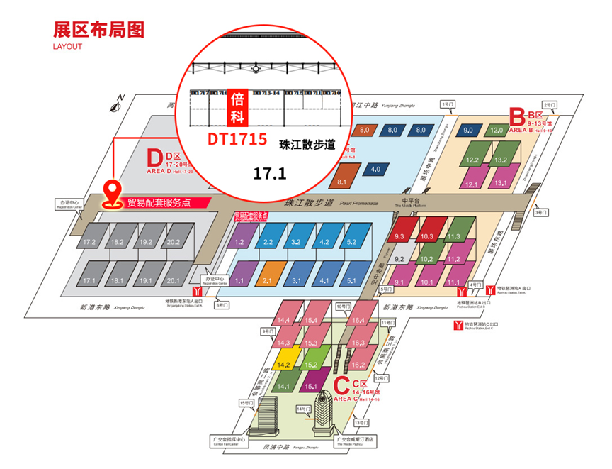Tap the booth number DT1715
coord(237,140)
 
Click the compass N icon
coord(116,106)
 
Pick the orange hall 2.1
coord(267,280)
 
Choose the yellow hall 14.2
coord(285,364)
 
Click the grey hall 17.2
coord(89,242)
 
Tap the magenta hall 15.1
coord(310,387)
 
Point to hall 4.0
coord(375,170)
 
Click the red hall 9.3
coord(399,236)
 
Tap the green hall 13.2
coord(500,160)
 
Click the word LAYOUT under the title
coord(68,47)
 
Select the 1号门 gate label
coord(448,104)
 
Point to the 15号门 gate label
coord(246,404)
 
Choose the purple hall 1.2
coord(239,242)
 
